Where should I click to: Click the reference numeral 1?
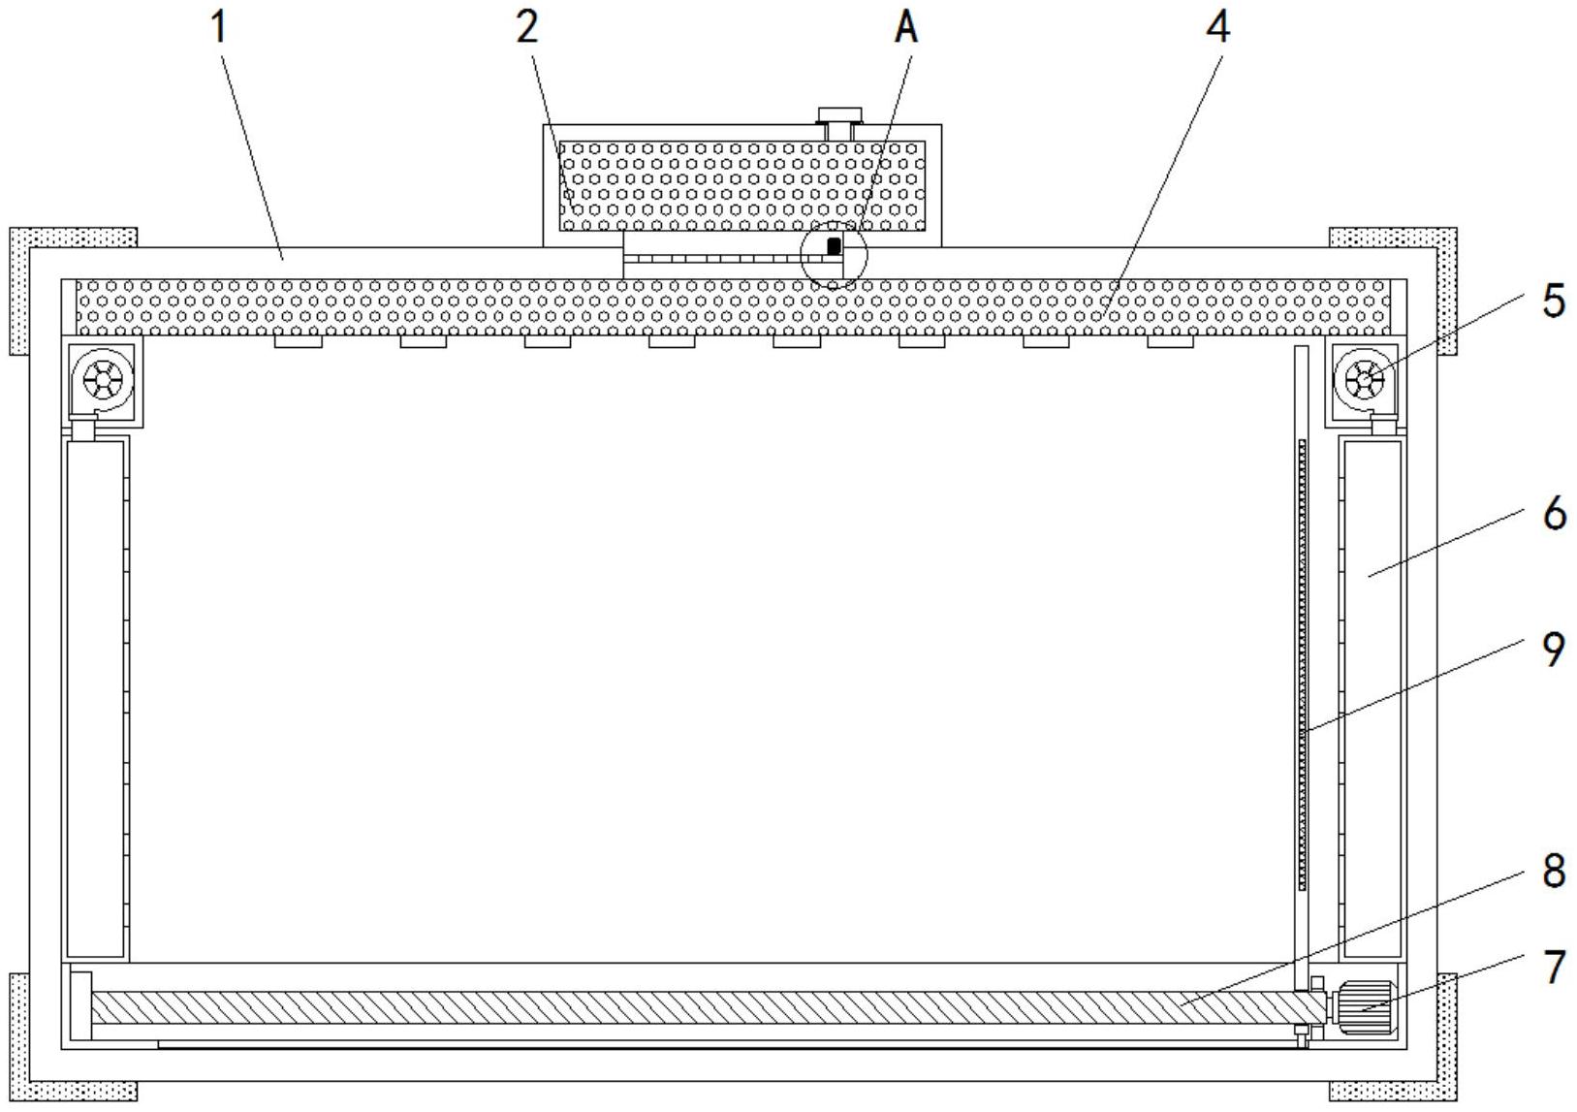pos(220,27)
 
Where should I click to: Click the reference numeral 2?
pos(526,27)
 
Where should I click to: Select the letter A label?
pos(905,27)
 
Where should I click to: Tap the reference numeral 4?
pos(1218,27)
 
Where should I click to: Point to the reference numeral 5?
pos(1553,301)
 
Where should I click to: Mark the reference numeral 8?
pos(1553,871)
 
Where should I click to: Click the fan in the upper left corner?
pos(103,380)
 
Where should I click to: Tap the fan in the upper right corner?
pos(1365,380)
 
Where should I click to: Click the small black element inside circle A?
pos(834,246)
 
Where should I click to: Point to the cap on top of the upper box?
pos(839,115)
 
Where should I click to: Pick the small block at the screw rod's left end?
pos(81,1005)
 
